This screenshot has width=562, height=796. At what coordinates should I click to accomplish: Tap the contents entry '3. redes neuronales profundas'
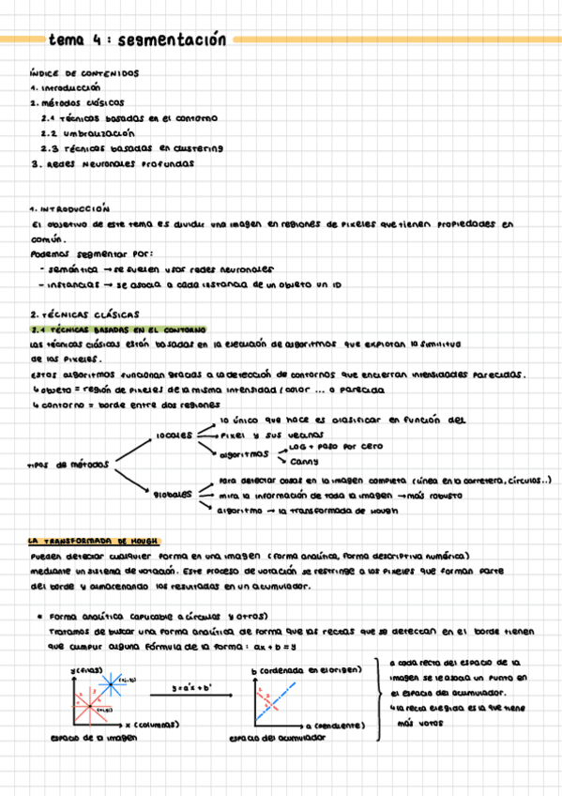(x=113, y=162)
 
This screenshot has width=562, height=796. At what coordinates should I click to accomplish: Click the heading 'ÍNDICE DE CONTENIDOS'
(x=84, y=73)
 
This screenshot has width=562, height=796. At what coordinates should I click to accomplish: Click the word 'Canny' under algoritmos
(x=304, y=462)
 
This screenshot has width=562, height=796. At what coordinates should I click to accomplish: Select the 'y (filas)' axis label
(x=85, y=668)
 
